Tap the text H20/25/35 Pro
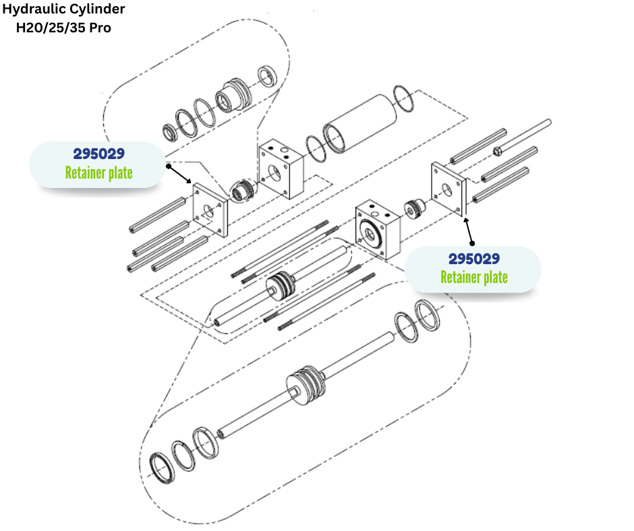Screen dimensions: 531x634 [x=63, y=28]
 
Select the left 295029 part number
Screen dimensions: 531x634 [x=98, y=153]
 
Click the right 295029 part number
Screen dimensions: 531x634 [x=473, y=258]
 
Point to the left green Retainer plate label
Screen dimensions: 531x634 [x=98, y=173]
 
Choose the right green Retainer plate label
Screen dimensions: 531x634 [x=473, y=277]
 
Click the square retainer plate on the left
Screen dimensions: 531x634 [x=210, y=209]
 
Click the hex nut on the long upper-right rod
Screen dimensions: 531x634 [x=498, y=149]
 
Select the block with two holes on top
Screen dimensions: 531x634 [x=281, y=168]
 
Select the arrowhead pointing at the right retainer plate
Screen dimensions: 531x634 [x=464, y=218]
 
